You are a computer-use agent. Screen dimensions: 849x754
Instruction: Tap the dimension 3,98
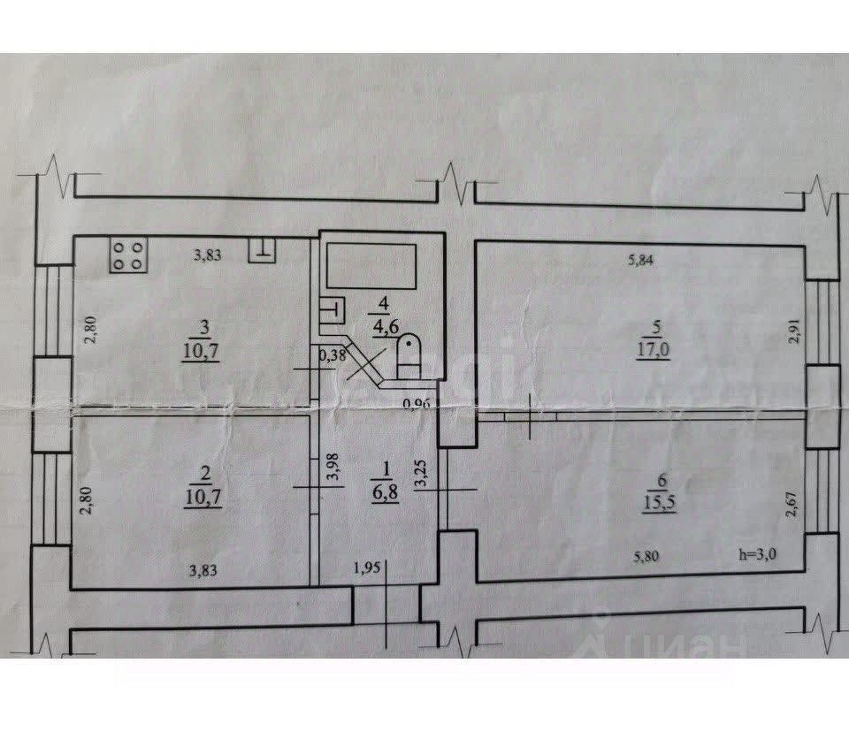pos(333,466)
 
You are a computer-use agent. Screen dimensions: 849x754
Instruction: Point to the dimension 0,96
pos(415,405)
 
